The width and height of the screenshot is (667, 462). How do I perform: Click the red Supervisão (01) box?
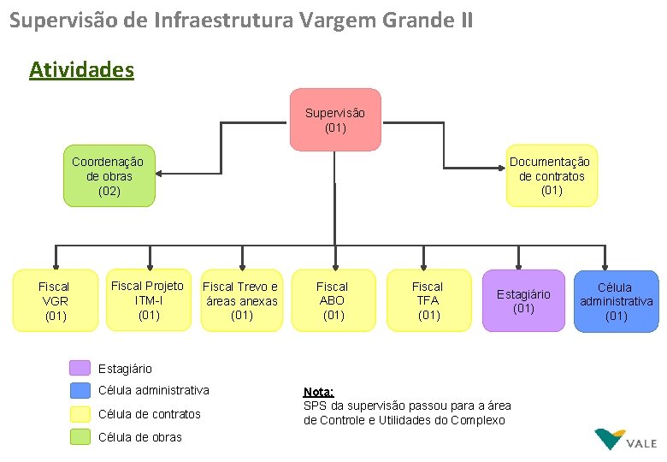click(335, 120)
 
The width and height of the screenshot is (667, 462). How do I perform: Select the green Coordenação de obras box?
click(109, 175)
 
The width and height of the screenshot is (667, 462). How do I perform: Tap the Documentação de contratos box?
click(552, 175)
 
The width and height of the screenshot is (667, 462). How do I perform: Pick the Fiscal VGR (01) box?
click(55, 300)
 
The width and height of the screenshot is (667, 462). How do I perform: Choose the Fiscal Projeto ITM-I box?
click(148, 300)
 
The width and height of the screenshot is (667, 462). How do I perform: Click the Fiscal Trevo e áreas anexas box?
click(241, 300)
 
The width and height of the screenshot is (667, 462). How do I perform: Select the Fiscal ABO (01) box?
click(333, 300)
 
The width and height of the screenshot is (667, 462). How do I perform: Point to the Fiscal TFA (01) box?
click(428, 300)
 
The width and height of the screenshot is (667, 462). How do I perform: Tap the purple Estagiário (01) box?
click(523, 300)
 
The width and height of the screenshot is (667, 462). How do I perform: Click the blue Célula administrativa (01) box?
click(616, 300)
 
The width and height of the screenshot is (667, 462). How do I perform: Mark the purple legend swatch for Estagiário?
click(80, 368)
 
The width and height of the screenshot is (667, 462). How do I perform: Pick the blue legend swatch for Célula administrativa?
click(80, 391)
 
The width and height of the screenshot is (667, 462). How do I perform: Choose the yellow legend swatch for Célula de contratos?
click(80, 414)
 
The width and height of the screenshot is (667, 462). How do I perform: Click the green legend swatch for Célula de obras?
click(80, 437)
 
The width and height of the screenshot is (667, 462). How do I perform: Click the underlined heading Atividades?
click(81, 69)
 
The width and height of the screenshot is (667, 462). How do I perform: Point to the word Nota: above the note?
click(318, 391)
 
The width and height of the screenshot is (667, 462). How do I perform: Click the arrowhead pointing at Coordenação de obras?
click(161, 175)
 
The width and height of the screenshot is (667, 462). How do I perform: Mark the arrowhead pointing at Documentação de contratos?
click(501, 169)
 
